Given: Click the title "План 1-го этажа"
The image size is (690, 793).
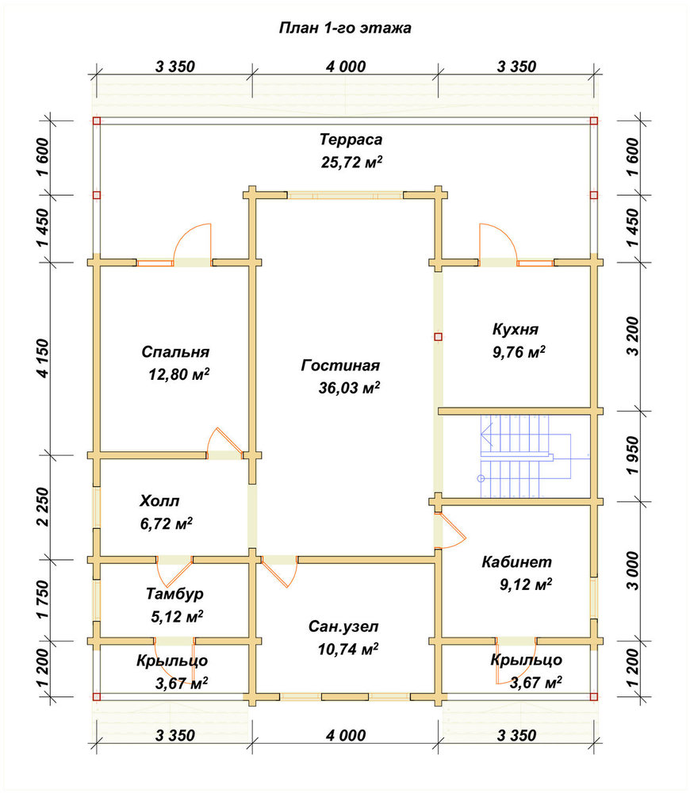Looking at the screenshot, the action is (345, 28).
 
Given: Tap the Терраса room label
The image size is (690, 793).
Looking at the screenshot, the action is (351, 139).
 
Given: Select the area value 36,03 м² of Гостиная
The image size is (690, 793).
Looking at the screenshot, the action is (349, 388).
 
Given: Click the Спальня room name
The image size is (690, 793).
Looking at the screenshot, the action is (175, 352).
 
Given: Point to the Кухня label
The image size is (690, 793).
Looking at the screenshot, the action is (516, 329).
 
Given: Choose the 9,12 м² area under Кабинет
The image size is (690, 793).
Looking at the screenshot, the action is (526, 584).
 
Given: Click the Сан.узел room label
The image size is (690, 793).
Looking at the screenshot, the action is (343, 626).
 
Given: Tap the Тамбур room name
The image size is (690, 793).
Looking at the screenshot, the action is (174, 593).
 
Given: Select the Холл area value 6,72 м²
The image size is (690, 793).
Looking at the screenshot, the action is (166, 523).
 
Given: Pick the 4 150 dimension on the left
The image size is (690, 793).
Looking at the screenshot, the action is (44, 358).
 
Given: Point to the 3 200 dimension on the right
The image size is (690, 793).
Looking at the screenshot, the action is (633, 336).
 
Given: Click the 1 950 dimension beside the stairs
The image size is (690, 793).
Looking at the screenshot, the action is (633, 456).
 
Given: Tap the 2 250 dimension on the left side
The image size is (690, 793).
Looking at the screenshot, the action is (44, 507).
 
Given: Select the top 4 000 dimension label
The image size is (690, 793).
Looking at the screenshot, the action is (346, 67).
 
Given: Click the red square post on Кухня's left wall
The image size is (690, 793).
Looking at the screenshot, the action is (438, 337).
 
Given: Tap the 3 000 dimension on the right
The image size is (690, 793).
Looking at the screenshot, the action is (633, 570).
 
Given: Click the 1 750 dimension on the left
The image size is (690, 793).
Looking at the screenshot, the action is (44, 600).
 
